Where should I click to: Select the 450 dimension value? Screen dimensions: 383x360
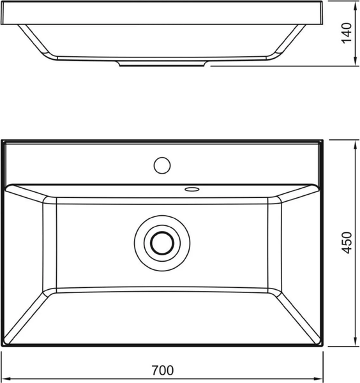click(347, 243)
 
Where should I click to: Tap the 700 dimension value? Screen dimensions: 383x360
click(163, 370)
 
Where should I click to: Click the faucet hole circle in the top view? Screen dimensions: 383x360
click(162, 165)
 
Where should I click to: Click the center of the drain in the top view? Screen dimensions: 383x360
click(162, 243)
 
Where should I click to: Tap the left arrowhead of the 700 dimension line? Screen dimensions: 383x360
click(4, 376)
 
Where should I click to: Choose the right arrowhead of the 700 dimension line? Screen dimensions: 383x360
click(321, 376)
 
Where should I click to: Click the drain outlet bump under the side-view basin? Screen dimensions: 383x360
click(163, 64)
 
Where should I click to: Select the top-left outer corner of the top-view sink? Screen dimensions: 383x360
click(3, 141)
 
